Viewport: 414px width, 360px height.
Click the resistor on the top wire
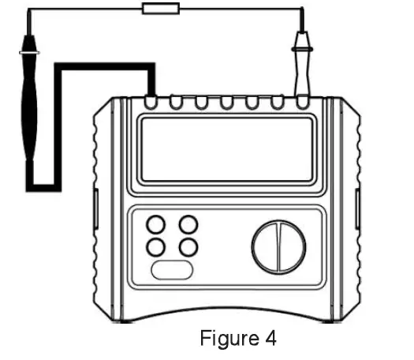tap(160, 9)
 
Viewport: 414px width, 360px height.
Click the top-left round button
tap(157, 225)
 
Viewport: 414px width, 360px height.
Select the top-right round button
tap(188, 225)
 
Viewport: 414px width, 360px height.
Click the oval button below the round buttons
tap(172, 269)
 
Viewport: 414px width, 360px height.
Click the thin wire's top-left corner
tap(28, 9)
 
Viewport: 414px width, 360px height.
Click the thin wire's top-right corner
tap(302, 9)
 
